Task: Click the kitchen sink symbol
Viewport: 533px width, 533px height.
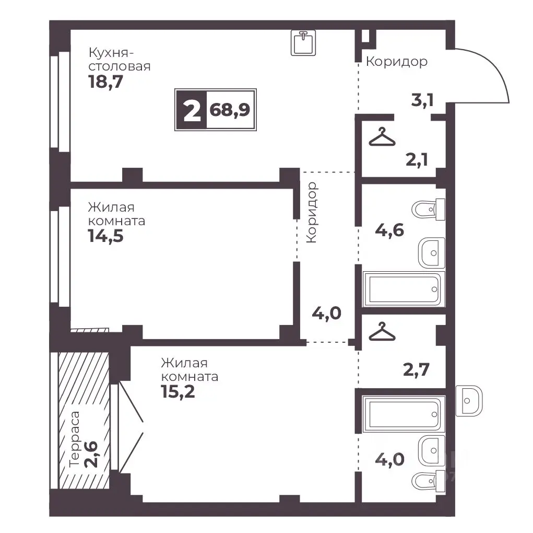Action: point(303,42)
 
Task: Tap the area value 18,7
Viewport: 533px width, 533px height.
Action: point(105,82)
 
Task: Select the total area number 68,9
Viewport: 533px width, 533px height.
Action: point(230,110)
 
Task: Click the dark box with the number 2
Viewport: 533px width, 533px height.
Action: point(192,110)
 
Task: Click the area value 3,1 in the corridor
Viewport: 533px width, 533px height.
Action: point(422,100)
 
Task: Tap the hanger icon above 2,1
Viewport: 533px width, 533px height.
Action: point(382,137)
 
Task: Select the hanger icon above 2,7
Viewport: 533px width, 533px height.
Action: point(382,331)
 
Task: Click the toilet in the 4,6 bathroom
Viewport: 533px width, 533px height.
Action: point(428,210)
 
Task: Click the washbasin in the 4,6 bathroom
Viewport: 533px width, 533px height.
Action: point(431,253)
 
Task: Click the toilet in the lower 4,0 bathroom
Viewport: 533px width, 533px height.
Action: point(428,481)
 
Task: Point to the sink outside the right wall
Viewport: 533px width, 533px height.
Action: point(469,401)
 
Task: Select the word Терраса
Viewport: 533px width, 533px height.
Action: point(74,439)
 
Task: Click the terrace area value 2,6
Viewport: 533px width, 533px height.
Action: point(91,455)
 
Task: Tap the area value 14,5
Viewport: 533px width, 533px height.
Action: point(105,236)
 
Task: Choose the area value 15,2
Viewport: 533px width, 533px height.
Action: point(178,392)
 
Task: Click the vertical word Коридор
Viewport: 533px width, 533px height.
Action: point(311,212)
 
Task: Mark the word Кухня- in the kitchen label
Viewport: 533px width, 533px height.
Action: point(111,53)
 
